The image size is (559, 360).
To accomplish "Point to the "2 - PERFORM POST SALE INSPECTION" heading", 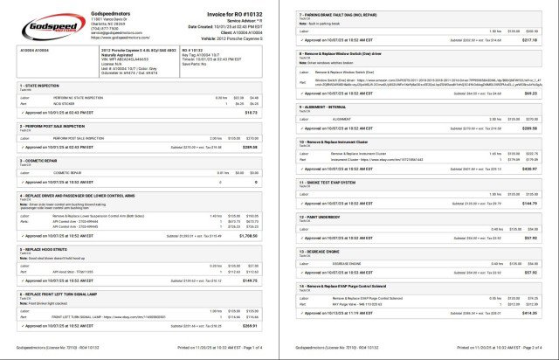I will tap(59, 126).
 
